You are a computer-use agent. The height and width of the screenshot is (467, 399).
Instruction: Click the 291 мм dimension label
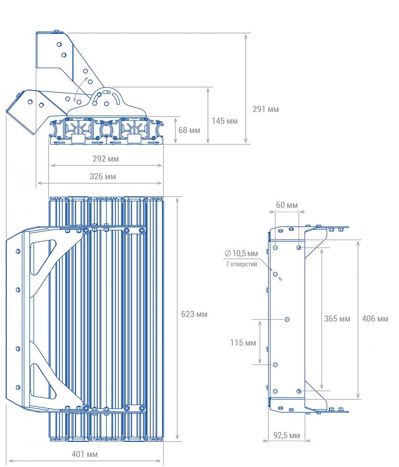(x=265, y=109)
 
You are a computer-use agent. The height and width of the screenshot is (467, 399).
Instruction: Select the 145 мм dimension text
(x=225, y=121)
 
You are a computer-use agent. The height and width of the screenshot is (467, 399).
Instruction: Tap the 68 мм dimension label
(x=189, y=130)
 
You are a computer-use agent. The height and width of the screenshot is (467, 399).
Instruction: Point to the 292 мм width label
(x=106, y=159)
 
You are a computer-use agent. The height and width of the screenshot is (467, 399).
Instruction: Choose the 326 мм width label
(x=103, y=177)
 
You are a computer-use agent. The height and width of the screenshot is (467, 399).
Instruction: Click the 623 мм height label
(x=194, y=314)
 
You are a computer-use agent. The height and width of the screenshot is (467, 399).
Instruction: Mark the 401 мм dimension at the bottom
(x=85, y=454)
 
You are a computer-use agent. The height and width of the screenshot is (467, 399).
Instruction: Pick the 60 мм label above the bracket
(x=287, y=205)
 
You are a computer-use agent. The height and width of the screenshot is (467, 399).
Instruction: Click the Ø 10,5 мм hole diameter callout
(x=241, y=254)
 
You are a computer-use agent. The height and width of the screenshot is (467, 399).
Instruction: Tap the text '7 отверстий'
(x=242, y=264)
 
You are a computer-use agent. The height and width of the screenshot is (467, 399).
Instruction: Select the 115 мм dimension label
(x=243, y=343)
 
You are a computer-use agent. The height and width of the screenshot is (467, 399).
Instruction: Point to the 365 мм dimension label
(x=337, y=318)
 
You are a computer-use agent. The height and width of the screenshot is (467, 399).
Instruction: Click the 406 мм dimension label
(x=375, y=319)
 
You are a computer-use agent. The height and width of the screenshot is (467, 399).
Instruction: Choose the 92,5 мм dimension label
(x=286, y=435)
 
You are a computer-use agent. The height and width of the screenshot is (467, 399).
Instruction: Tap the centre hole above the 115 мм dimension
(x=287, y=319)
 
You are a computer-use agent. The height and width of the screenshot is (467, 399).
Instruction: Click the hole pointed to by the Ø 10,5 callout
(x=276, y=274)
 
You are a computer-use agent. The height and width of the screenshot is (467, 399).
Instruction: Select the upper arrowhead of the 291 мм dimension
(x=246, y=36)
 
